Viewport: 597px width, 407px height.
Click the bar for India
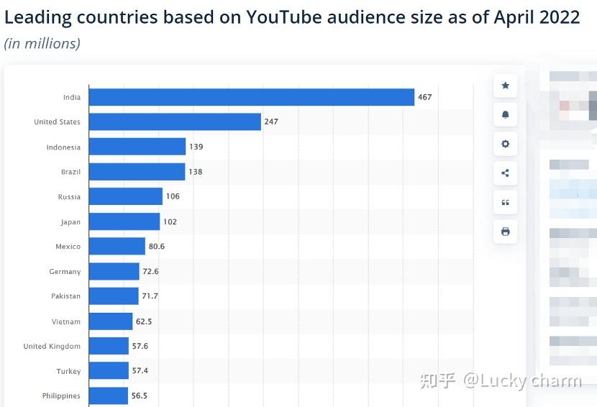pyautogui.click(x=252, y=97)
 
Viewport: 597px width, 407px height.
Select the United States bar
pyautogui.click(x=175, y=122)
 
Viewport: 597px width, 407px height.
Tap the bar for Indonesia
pyautogui.click(x=137, y=147)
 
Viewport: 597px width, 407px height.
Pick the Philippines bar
pyautogui.click(x=109, y=395)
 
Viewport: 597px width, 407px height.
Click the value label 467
pyautogui.click(x=425, y=97)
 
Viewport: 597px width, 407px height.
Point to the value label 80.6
pyautogui.click(x=157, y=247)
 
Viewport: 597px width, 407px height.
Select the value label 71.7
pyautogui.click(x=150, y=296)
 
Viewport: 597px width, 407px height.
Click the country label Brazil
pyautogui.click(x=70, y=172)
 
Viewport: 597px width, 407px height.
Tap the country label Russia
pyautogui.click(x=69, y=197)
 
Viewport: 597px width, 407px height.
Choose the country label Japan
pyautogui.click(x=70, y=222)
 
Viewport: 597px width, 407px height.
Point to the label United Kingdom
pyautogui.click(x=52, y=346)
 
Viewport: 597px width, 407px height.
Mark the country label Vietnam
pyautogui.click(x=66, y=321)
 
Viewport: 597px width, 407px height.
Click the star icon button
pyautogui.click(x=505, y=86)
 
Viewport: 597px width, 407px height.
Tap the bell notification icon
pyautogui.click(x=505, y=115)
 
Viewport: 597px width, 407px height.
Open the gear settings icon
pyautogui.click(x=505, y=144)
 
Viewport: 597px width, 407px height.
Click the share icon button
pyautogui.click(x=505, y=173)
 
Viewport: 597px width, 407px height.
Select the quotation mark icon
pyautogui.click(x=505, y=203)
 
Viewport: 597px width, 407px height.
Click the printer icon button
pyautogui.click(x=505, y=232)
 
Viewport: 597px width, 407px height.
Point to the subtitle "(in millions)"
pyautogui.click(x=42, y=44)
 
